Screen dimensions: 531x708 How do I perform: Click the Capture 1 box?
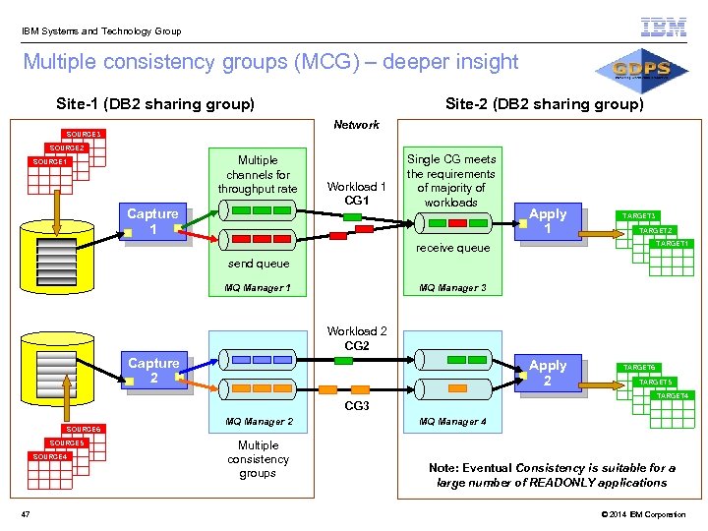152,221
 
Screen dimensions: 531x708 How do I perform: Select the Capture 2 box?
153,371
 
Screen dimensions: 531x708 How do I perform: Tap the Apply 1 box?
548,221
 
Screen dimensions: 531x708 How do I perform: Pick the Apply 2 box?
548,373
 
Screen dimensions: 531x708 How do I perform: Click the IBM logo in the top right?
664,28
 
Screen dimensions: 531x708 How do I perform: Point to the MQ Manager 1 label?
258,288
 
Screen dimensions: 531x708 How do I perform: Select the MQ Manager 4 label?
452,422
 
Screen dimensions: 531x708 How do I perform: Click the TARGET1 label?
673,243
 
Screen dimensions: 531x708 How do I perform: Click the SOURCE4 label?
49,456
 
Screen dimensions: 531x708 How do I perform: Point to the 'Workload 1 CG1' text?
356,193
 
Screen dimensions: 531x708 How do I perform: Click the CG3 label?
356,405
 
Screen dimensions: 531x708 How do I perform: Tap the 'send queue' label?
259,264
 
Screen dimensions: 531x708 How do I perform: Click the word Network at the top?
356,125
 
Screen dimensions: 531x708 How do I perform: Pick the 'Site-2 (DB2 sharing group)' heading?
544,104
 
